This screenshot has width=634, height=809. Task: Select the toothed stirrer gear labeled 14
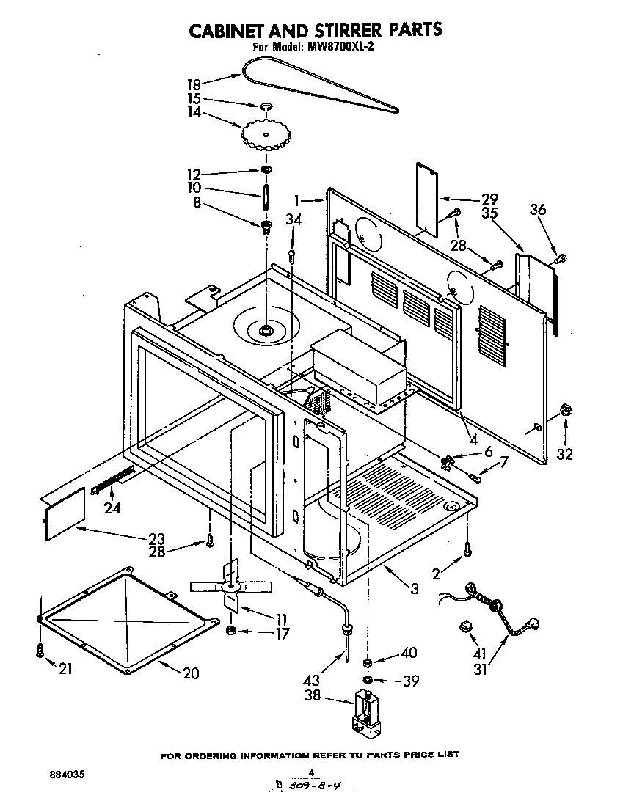tap(263, 133)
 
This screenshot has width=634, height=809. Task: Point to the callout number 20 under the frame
tap(190, 673)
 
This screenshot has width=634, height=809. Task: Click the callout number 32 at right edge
tap(564, 454)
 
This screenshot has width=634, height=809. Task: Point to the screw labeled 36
tap(561, 257)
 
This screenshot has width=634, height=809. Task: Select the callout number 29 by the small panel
tap(489, 199)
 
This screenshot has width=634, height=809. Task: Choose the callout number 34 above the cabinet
tap(293, 219)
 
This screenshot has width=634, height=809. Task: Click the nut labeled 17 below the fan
tap(230, 630)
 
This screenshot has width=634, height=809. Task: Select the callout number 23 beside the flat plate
tap(156, 538)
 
